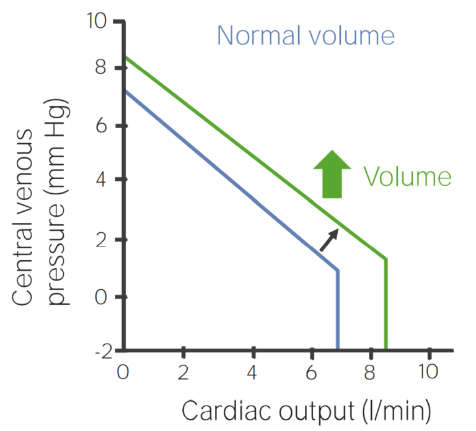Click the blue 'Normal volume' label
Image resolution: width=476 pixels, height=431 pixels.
click(306, 35)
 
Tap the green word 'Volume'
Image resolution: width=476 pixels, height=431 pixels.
click(407, 177)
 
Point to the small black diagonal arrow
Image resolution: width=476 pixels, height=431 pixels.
click(329, 240)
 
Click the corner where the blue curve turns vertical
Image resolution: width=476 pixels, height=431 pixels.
click(338, 270)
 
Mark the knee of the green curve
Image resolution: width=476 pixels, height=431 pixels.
click(386, 259)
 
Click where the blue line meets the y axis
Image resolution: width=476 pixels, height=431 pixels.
click(125, 91)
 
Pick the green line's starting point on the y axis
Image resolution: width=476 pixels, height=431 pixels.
click(125, 57)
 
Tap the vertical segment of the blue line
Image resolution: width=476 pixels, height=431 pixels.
click(338, 310)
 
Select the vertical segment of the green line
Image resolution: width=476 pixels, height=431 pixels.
click(386, 303)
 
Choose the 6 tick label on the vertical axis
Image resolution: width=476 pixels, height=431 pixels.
click(106, 126)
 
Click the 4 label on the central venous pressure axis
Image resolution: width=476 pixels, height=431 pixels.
click(106, 180)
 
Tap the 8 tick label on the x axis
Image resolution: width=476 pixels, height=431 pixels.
click(371, 373)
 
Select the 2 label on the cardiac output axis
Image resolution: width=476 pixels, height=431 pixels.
click(183, 373)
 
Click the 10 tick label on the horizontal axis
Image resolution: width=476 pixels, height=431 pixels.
click(428, 373)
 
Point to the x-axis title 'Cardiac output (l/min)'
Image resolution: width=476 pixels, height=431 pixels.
click(306, 411)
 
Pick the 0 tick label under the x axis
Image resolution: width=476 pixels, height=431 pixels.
click(123, 373)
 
